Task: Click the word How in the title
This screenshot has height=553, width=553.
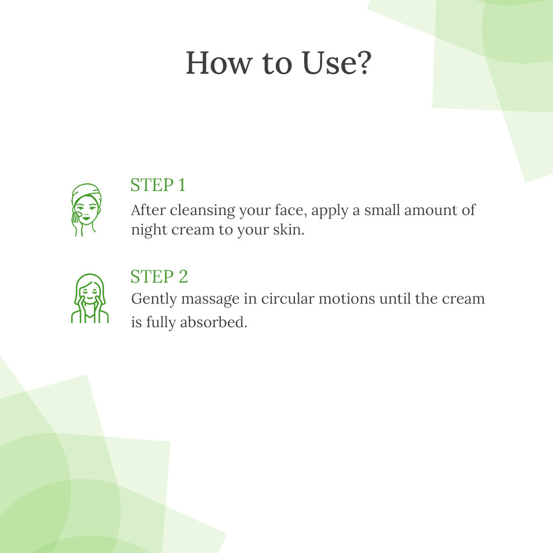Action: pos(219,63)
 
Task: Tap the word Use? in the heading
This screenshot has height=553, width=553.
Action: pos(337,63)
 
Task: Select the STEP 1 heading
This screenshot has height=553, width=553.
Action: pos(158,185)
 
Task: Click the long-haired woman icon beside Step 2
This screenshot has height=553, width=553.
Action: pos(90,299)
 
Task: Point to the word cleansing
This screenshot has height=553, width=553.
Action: pos(202,210)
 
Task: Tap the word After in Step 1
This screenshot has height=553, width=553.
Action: pos(148,210)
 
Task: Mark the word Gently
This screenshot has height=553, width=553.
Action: pos(154,300)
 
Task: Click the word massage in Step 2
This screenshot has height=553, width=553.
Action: pos(210,300)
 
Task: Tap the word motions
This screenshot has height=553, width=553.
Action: pos(347,299)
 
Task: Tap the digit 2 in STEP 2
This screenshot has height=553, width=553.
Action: pos(183,276)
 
